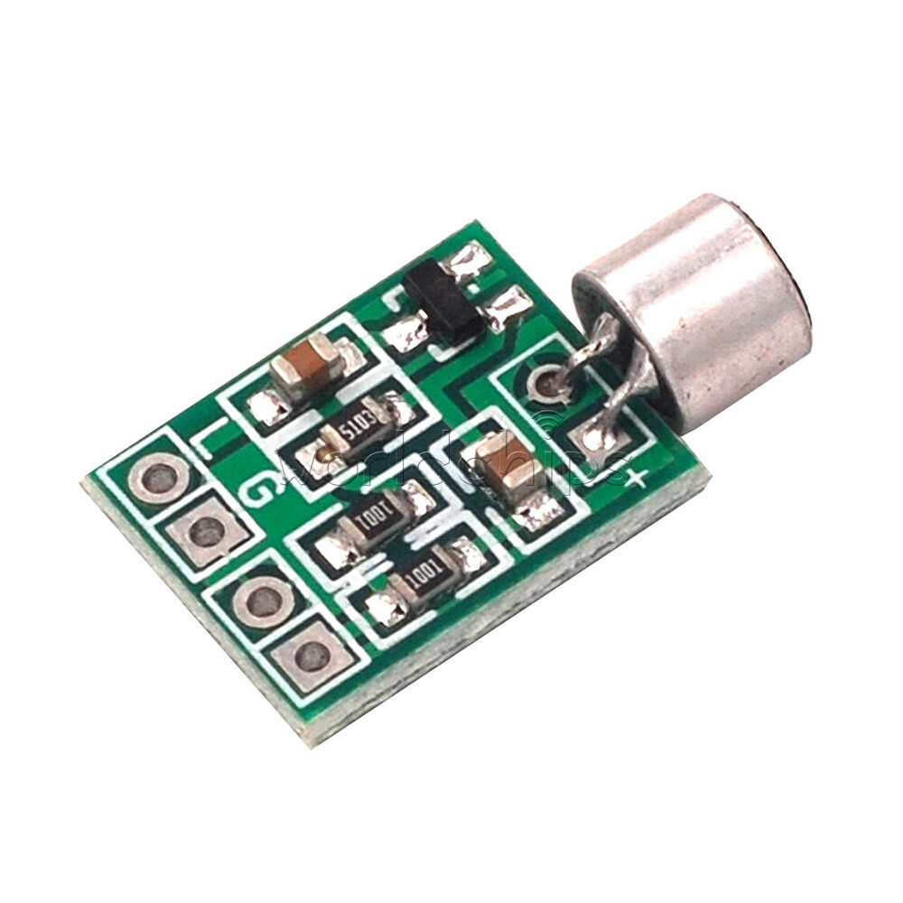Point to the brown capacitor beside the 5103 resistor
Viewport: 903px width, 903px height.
[x=307, y=367]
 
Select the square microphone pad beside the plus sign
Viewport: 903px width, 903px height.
[x=593, y=439]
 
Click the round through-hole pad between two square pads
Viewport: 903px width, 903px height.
[x=263, y=601]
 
